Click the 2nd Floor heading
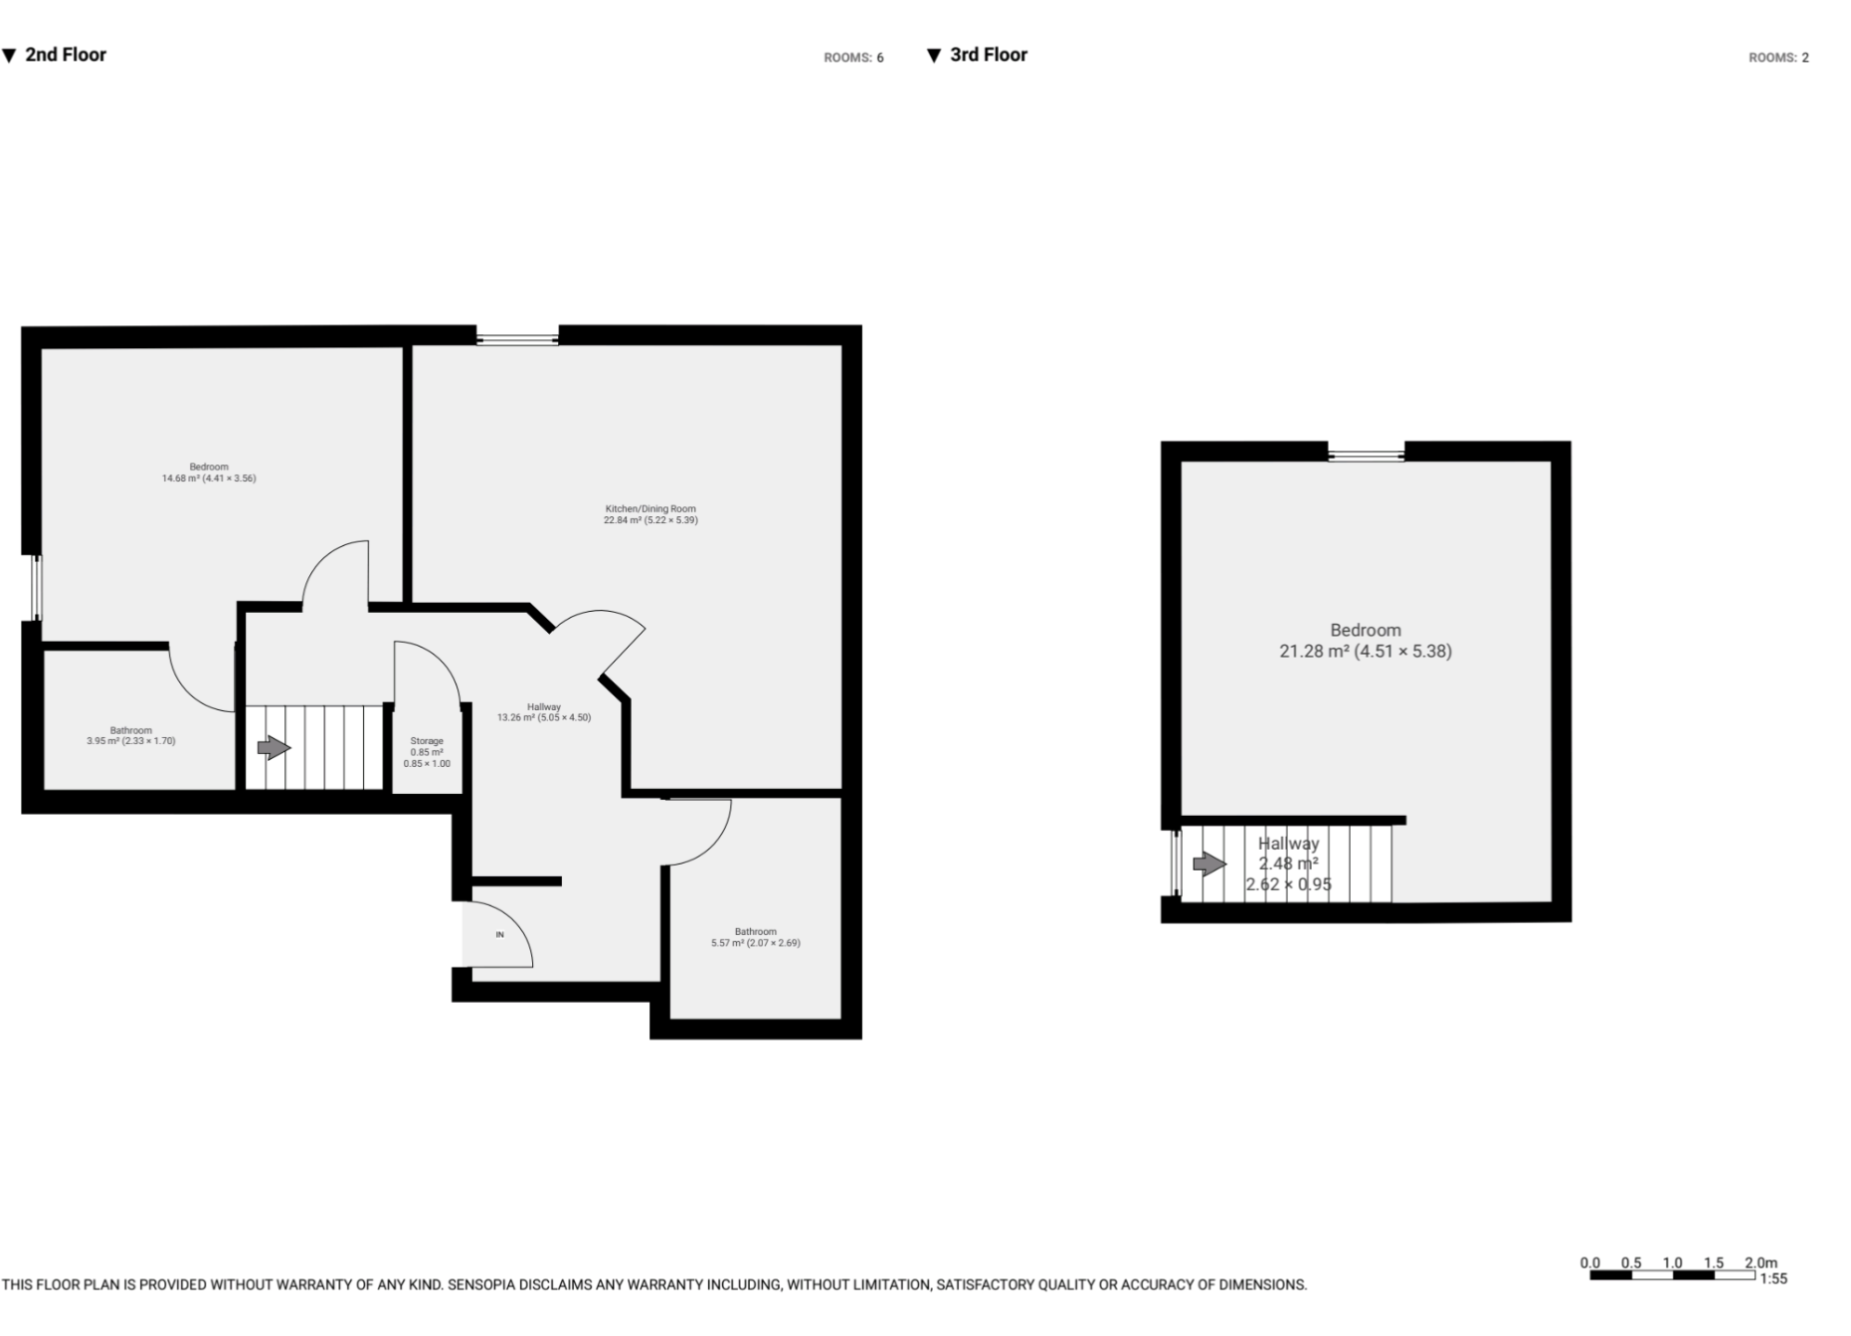click(x=65, y=55)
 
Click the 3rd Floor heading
click(x=988, y=55)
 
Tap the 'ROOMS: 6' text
click(x=853, y=58)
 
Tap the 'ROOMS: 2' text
click(x=1778, y=58)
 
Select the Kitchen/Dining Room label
click(x=650, y=514)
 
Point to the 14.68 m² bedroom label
click(x=209, y=473)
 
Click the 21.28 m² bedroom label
click(x=1365, y=641)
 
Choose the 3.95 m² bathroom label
click(x=130, y=736)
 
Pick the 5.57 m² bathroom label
click(x=755, y=937)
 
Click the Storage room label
click(x=427, y=752)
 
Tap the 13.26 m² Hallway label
click(x=544, y=712)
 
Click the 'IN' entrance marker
click(x=500, y=935)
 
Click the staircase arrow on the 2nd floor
click(x=274, y=747)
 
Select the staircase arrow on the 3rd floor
click(x=1208, y=863)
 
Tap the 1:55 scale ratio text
click(x=1773, y=1279)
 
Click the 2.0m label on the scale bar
click(x=1760, y=1263)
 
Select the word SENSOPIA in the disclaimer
click(x=481, y=1285)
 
